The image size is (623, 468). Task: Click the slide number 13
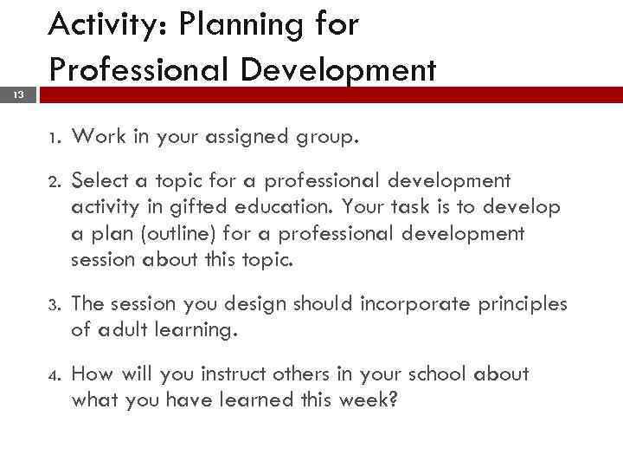[x=18, y=94]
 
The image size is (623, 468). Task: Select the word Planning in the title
[x=228, y=26]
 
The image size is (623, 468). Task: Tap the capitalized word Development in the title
[x=338, y=69]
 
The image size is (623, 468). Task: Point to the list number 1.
[x=55, y=136]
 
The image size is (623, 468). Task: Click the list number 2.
[x=55, y=181]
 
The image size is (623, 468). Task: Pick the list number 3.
[x=55, y=304]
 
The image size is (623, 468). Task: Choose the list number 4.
[x=55, y=374]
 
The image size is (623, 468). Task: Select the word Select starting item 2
[x=100, y=180]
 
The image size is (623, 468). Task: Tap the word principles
[x=523, y=304]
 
